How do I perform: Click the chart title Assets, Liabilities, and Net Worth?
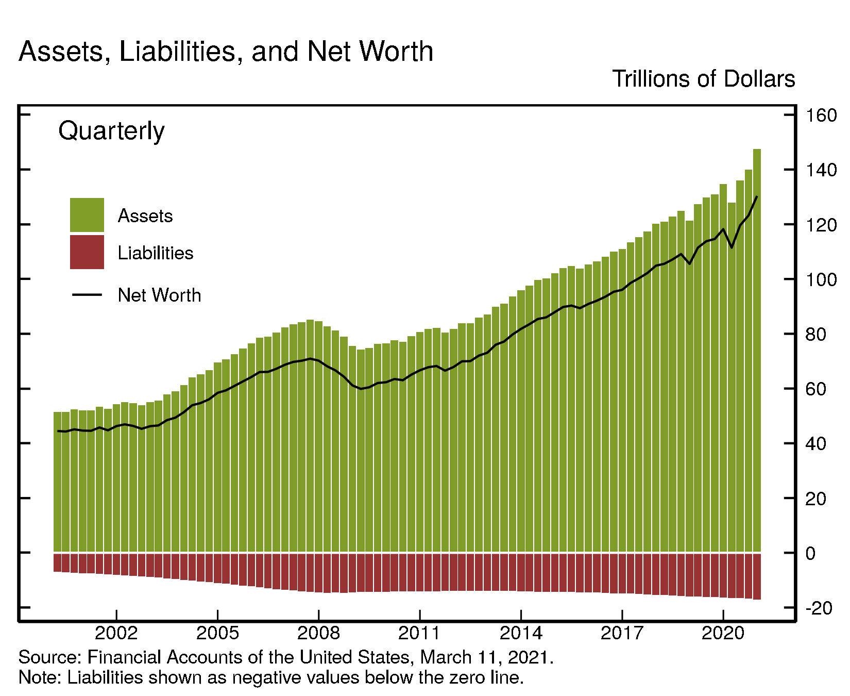(x=226, y=52)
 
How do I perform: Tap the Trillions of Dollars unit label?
(x=703, y=79)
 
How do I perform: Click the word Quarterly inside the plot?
(x=111, y=131)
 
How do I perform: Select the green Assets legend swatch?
(x=87, y=215)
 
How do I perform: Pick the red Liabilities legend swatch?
(x=87, y=252)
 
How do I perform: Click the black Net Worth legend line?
(x=87, y=294)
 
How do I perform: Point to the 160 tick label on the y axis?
(x=821, y=115)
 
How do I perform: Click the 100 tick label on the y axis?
(x=821, y=279)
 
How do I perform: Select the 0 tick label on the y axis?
(x=810, y=553)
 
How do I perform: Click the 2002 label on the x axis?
(x=116, y=633)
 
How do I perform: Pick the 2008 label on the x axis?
(x=318, y=633)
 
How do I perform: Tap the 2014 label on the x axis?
(x=521, y=633)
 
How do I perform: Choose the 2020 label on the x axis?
(x=723, y=633)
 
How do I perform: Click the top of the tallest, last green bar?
(x=757, y=150)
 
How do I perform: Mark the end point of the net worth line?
(x=757, y=196)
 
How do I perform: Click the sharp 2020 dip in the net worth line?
(x=732, y=247)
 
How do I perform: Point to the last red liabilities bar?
(x=757, y=576)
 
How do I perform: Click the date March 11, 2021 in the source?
(x=486, y=657)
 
